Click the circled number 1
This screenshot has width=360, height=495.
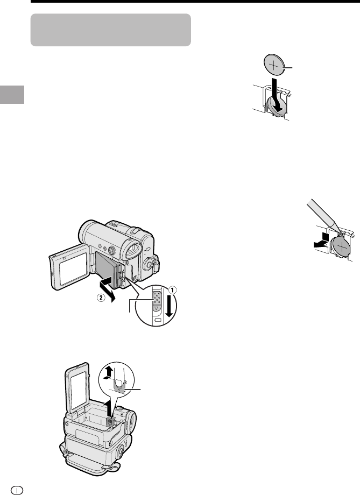(x=172, y=289)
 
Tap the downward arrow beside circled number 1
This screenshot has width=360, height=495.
(x=170, y=305)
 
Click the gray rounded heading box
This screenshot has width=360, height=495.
(x=111, y=30)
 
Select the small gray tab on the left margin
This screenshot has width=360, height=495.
(x=12, y=94)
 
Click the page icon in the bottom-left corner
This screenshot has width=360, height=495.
(x=18, y=490)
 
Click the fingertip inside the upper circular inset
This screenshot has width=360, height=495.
(x=119, y=377)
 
